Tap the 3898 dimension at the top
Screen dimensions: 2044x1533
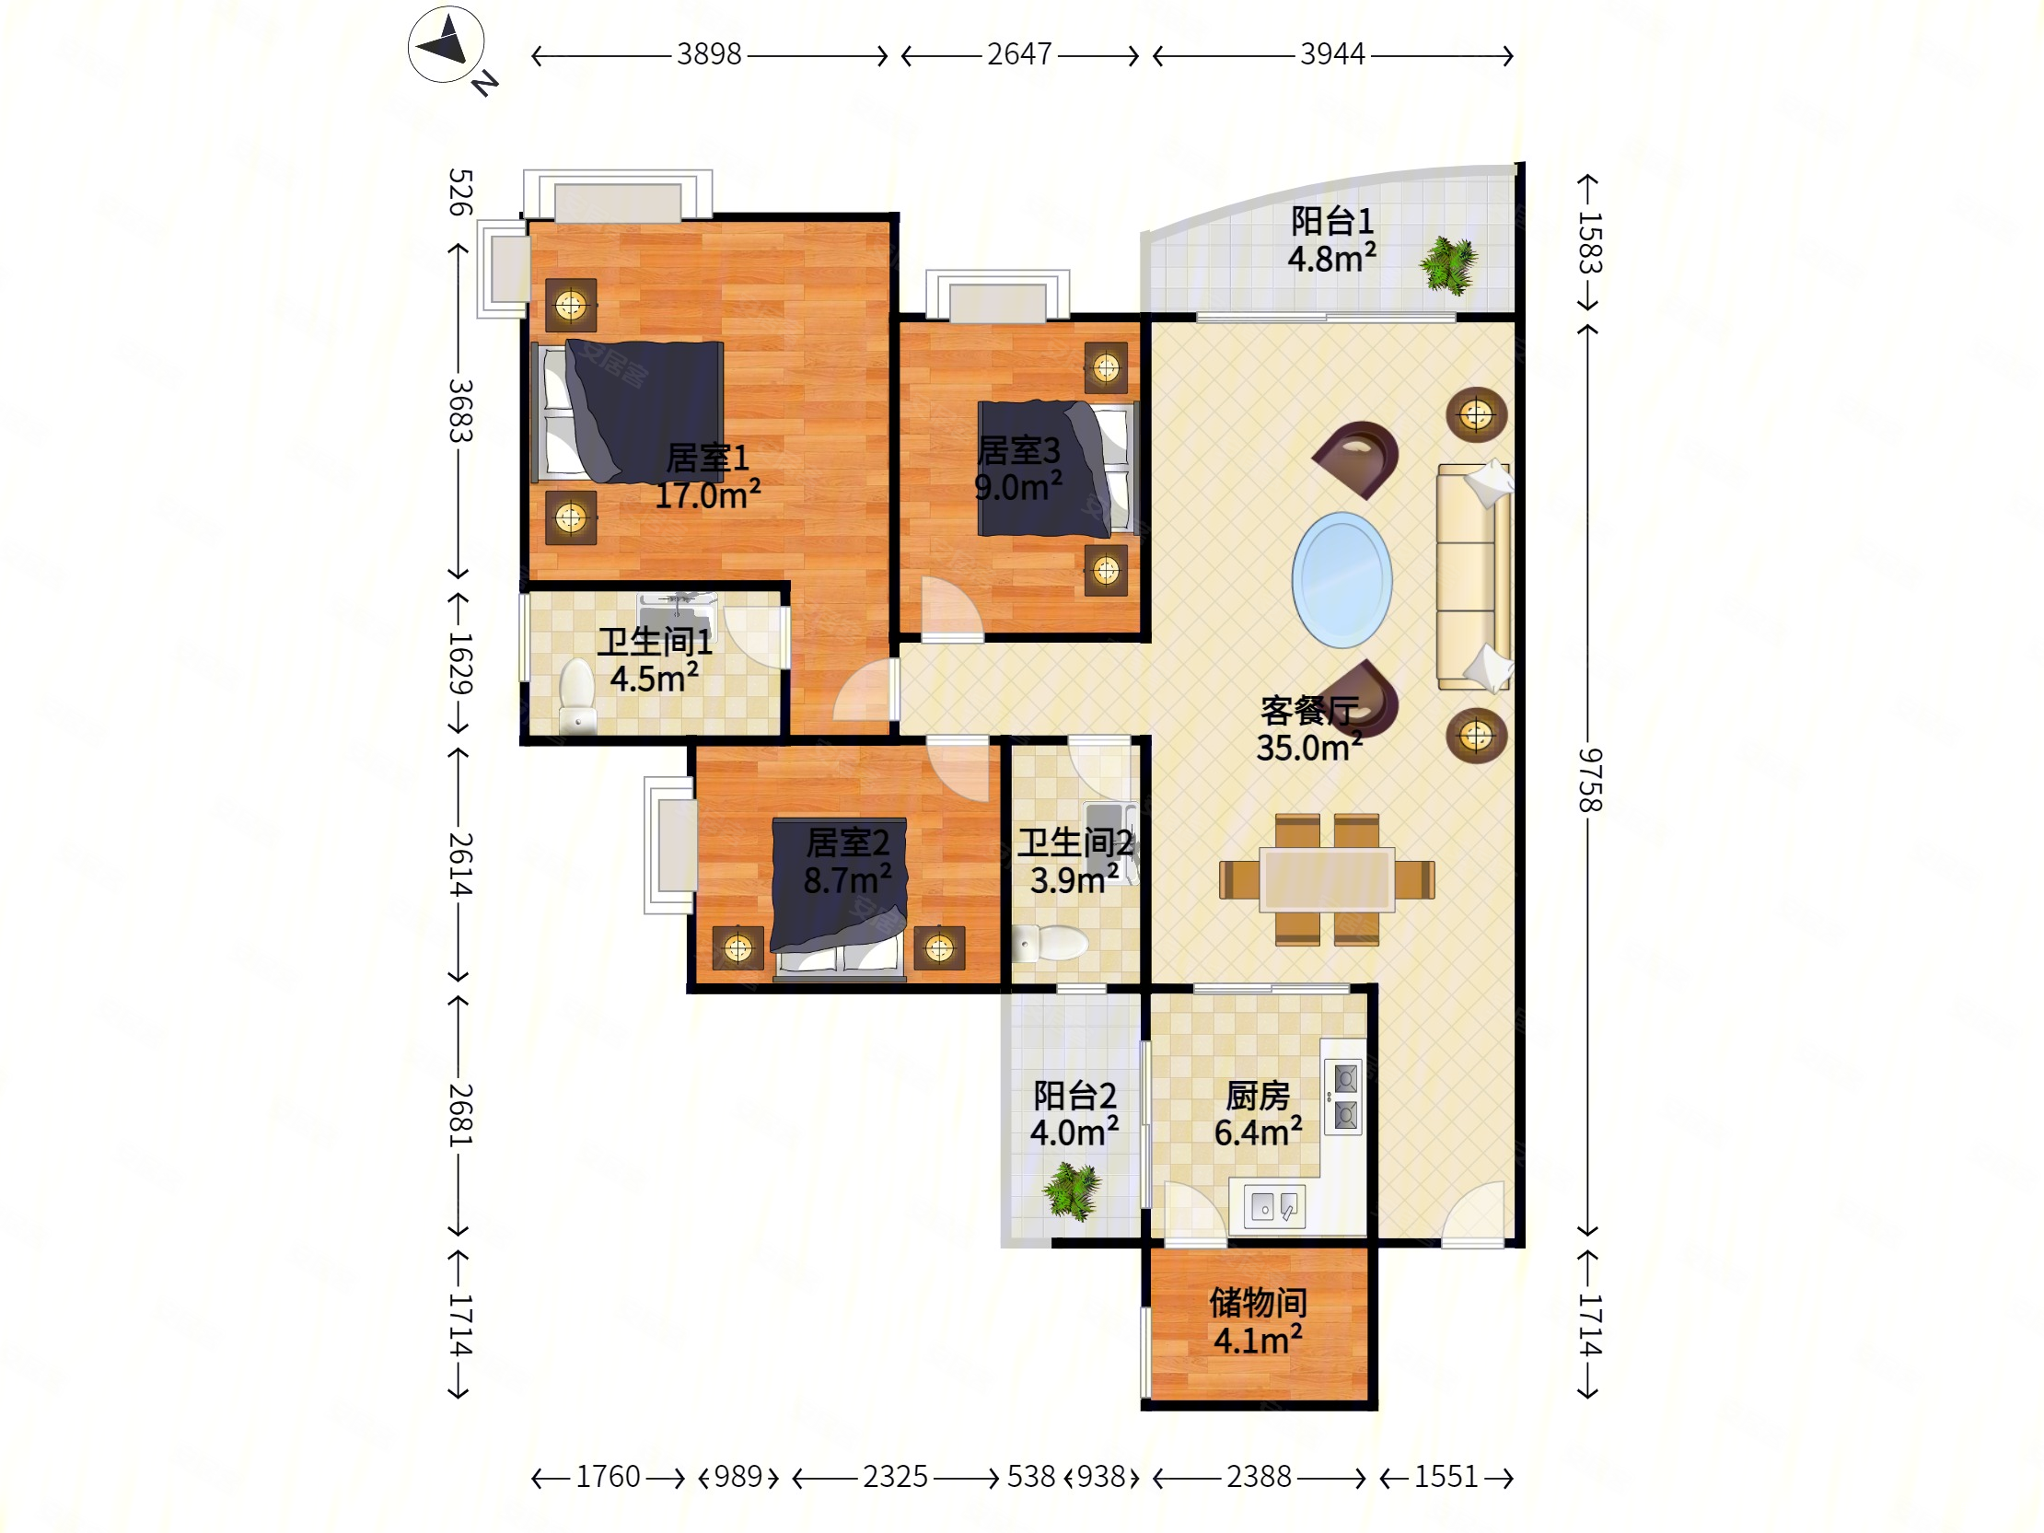coord(709,54)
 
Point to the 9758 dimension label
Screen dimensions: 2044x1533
coord(1589,780)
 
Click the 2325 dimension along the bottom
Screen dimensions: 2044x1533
coord(895,1477)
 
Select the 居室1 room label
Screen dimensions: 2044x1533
coord(708,458)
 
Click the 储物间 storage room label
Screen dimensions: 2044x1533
coord(1258,1302)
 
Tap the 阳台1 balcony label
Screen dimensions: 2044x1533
coord(1331,221)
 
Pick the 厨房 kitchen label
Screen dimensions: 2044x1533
coord(1258,1096)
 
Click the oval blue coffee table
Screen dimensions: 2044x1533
coord(1341,579)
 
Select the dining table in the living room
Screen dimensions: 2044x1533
coord(1327,879)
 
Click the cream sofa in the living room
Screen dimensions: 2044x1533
coord(1474,576)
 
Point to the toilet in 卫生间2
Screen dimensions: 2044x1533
coord(1051,944)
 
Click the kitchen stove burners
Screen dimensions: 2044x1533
coord(1343,1096)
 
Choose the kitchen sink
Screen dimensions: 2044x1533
coord(1274,1206)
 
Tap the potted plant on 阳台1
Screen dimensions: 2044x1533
coord(1448,266)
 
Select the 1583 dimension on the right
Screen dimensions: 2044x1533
coord(1589,243)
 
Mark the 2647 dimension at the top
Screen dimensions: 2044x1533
coord(1019,54)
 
